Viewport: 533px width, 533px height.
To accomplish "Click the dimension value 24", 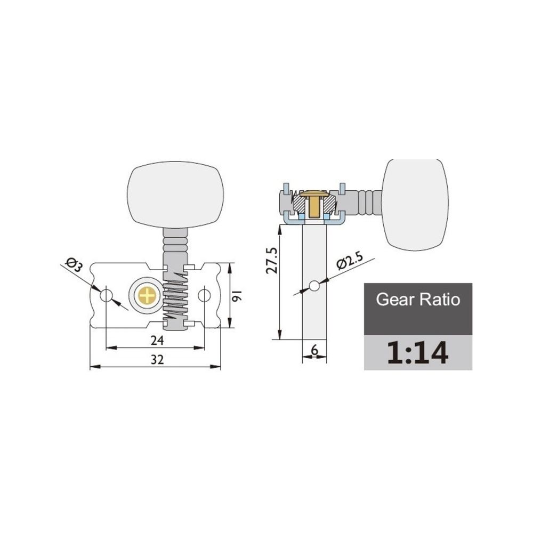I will click(156, 340).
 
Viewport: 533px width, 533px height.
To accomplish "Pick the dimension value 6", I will click(314, 350).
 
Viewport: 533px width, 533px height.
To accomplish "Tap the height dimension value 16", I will click(237, 294).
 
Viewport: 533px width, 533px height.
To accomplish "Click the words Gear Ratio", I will click(418, 300).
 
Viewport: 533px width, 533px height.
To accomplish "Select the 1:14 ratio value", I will click(418, 352).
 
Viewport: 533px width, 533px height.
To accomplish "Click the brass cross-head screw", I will click(147, 295).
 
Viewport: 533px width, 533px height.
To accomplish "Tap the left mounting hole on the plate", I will click(106, 295).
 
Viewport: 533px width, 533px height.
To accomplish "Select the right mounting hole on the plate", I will click(205, 295).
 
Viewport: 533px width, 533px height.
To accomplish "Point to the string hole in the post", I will click(314, 287).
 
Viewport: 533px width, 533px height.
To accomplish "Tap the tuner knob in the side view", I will click(415, 204).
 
